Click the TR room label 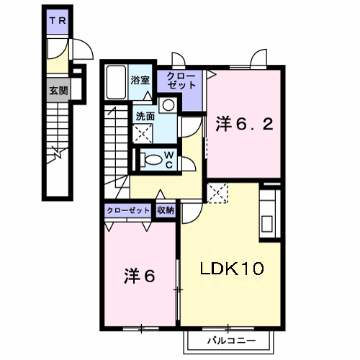pos(58,21)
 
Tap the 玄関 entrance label pos(58,91)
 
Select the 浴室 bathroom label pos(140,80)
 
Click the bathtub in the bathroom pos(116,82)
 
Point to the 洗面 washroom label pos(145,117)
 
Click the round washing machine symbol pos(168,105)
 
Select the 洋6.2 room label pos(244,124)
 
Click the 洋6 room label pos(140,276)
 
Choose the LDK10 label pos(232,269)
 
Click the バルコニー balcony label pos(232,341)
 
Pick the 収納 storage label pos(166,210)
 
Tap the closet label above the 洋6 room pos(128,210)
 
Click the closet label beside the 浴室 pos(181,81)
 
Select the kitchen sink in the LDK pos(267,224)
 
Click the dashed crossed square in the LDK pos(217,193)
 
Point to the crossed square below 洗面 pos(143,134)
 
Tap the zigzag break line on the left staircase pos(58,155)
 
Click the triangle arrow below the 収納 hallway pos(161,194)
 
